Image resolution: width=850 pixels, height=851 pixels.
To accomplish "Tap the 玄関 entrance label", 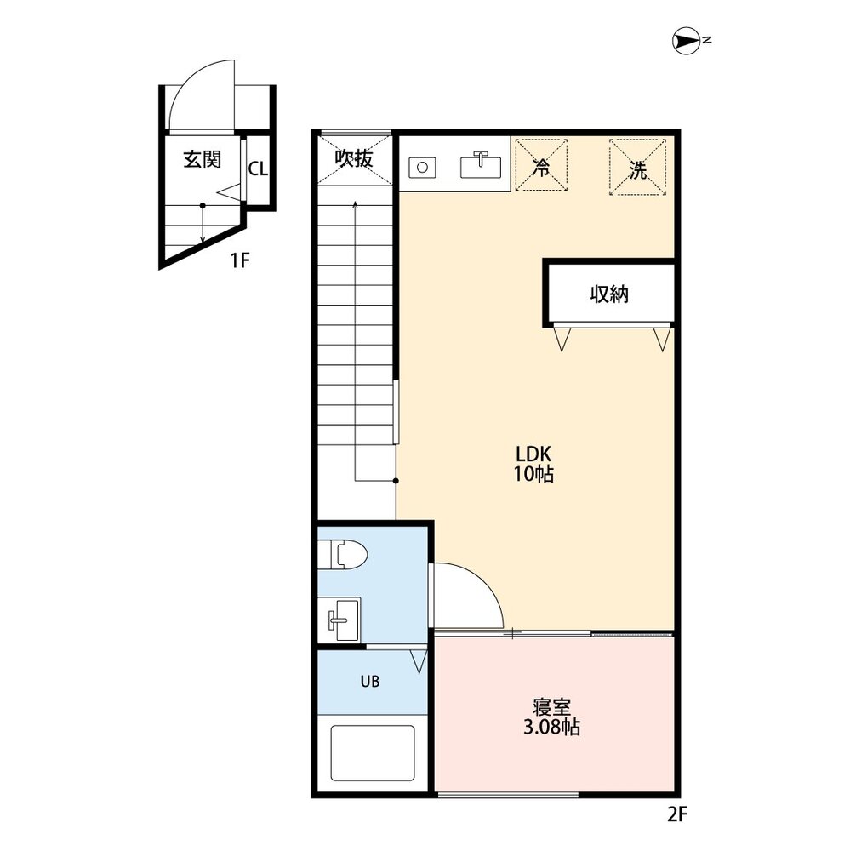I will pos(203,159).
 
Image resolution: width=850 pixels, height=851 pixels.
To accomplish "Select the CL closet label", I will pos(258,168).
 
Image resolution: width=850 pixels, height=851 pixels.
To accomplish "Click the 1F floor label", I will pos(240,261).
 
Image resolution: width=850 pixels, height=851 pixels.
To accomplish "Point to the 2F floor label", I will pos(676,814).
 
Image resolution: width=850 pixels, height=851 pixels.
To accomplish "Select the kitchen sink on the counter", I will pos(481,164).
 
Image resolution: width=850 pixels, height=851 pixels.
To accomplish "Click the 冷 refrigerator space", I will pos(540,168).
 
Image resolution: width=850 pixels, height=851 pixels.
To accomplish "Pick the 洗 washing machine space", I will pos(637,168).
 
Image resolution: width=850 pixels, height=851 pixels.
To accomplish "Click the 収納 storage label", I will pos(609,294).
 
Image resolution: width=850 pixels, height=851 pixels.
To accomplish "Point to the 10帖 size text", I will pos(533,475).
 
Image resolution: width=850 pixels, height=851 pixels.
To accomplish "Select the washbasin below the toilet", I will pos(344,619).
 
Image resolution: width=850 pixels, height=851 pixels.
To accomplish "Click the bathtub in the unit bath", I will pos(372,754).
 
